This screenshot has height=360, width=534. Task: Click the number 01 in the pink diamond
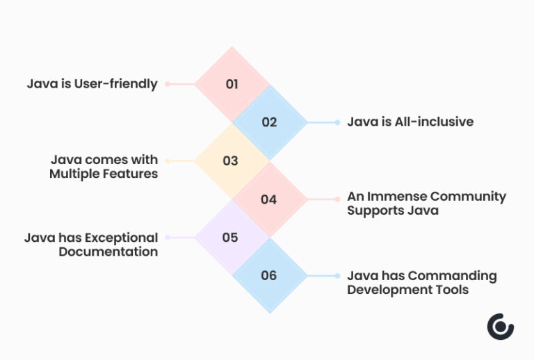tap(232, 84)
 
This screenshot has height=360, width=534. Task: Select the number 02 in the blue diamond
tap(269, 122)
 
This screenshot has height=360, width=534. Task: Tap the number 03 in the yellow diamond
tap(230, 161)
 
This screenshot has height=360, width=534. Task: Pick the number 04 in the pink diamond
tap(269, 199)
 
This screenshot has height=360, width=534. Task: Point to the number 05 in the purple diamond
tap(230, 238)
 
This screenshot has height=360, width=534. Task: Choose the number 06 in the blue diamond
tap(269, 276)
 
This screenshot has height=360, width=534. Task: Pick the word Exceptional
tap(114, 238)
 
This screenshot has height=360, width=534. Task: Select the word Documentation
tap(108, 252)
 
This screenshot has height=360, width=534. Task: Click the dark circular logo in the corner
tap(500, 327)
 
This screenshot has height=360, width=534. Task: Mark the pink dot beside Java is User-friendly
tap(168, 84)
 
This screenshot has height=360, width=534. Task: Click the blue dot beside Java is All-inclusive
tap(337, 122)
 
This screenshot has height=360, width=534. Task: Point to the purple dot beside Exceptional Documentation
tap(168, 238)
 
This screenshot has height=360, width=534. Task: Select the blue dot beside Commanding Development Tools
tap(337, 276)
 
